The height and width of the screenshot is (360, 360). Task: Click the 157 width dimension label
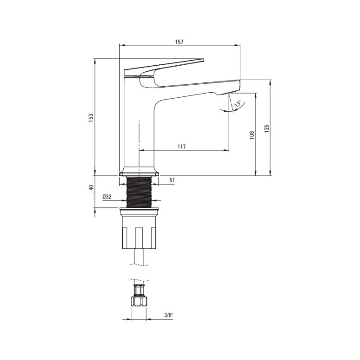point(179,42)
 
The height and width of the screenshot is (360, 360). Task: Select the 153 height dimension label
point(91,118)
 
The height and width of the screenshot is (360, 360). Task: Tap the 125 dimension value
point(266,129)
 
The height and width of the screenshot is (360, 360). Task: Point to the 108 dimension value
point(252,135)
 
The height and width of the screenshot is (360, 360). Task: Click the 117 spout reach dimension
point(182,147)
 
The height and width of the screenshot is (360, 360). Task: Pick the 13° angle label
point(238,103)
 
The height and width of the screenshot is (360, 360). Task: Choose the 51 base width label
point(172,180)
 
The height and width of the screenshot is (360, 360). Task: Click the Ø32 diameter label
point(107,197)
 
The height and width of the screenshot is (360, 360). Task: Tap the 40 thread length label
point(91,188)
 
